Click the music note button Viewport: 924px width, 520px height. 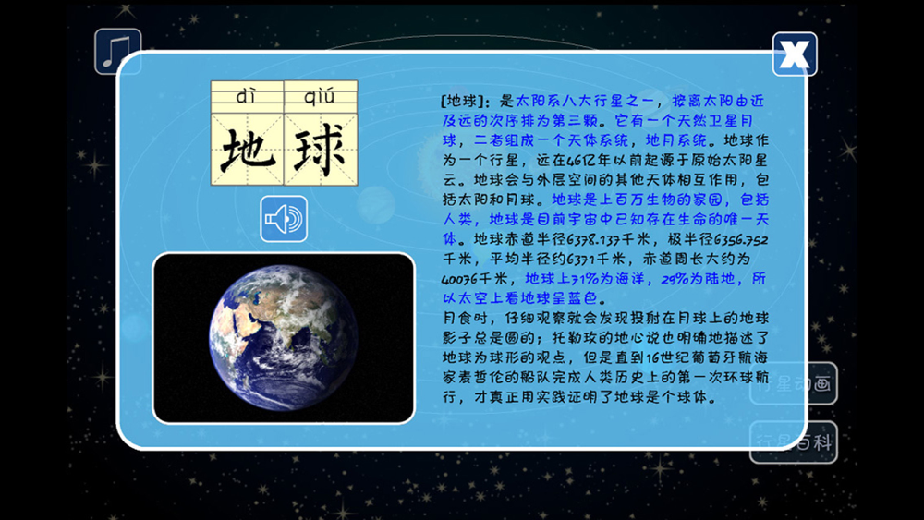coord(118,51)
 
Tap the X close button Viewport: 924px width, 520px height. coord(795,54)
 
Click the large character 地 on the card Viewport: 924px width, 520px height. coord(248,150)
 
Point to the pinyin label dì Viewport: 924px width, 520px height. coord(246,95)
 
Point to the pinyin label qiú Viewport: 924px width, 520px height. coord(319,96)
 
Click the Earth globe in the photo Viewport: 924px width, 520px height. coord(284,337)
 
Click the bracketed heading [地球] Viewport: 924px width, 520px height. coord(462,101)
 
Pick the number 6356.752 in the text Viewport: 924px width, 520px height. coord(741,240)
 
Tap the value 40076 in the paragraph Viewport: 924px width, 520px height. coord(459,279)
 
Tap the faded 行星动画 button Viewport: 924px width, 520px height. coord(794,383)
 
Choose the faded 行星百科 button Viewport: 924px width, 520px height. coord(794,442)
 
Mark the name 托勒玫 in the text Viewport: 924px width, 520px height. coord(575,338)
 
